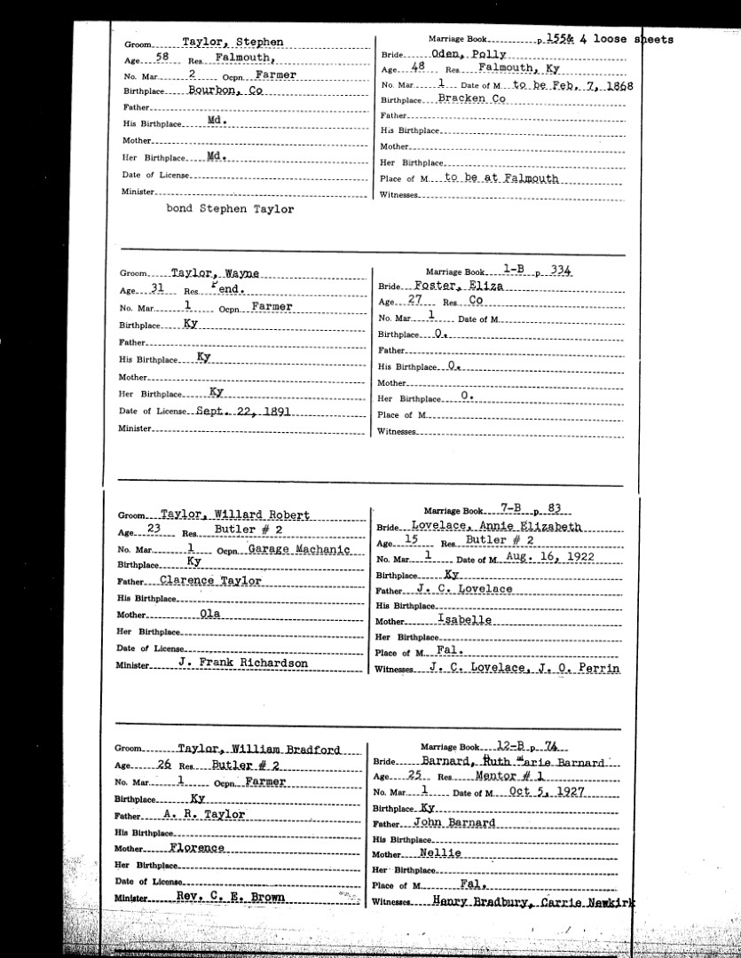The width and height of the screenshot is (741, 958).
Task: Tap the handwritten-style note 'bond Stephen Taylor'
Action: [230, 210]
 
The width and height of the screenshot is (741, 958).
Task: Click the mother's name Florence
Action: [197, 847]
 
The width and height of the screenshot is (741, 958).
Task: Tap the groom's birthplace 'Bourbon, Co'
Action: [222, 90]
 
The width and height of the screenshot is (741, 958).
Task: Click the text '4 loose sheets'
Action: [634, 39]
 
